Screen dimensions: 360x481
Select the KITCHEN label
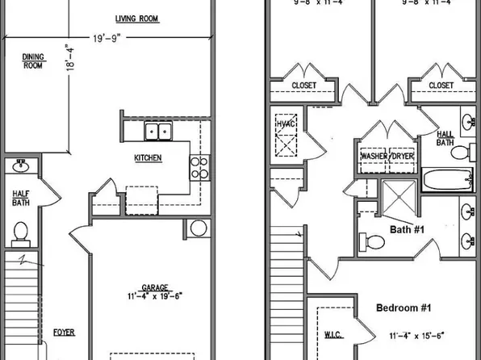tap(148, 158)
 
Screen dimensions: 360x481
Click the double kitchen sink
tap(157, 132)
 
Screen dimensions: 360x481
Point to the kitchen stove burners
tap(199, 167)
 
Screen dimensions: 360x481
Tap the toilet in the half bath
tap(21, 232)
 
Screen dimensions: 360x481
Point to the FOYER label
tap(64, 332)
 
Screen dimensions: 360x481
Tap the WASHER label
tap(374, 157)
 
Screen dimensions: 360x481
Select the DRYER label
tap(403, 157)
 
